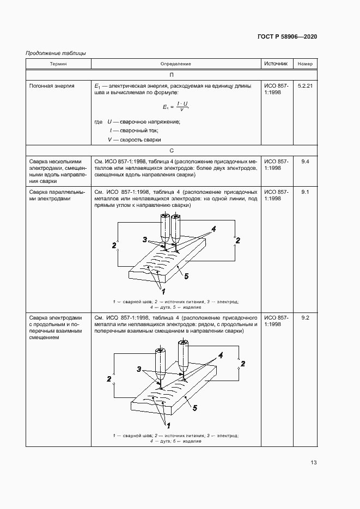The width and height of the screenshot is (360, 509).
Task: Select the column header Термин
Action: [x=58, y=64]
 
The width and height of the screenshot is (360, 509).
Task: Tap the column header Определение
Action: [x=176, y=64]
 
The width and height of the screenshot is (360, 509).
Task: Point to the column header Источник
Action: [x=276, y=64]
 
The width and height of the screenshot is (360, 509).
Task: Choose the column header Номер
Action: [x=306, y=64]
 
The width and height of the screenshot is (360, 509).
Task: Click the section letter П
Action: [x=171, y=75]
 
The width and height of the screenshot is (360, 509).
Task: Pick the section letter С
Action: [x=171, y=150]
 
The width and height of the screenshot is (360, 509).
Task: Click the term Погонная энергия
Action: [x=52, y=86]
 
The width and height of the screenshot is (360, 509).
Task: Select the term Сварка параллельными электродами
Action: [x=57, y=195]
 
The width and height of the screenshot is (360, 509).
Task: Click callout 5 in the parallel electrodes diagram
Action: [x=186, y=277]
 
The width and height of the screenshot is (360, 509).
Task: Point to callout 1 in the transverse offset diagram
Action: [x=168, y=425]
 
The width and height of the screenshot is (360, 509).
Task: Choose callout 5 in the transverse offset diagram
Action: [x=195, y=407]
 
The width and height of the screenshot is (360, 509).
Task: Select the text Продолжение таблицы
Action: [x=56, y=53]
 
